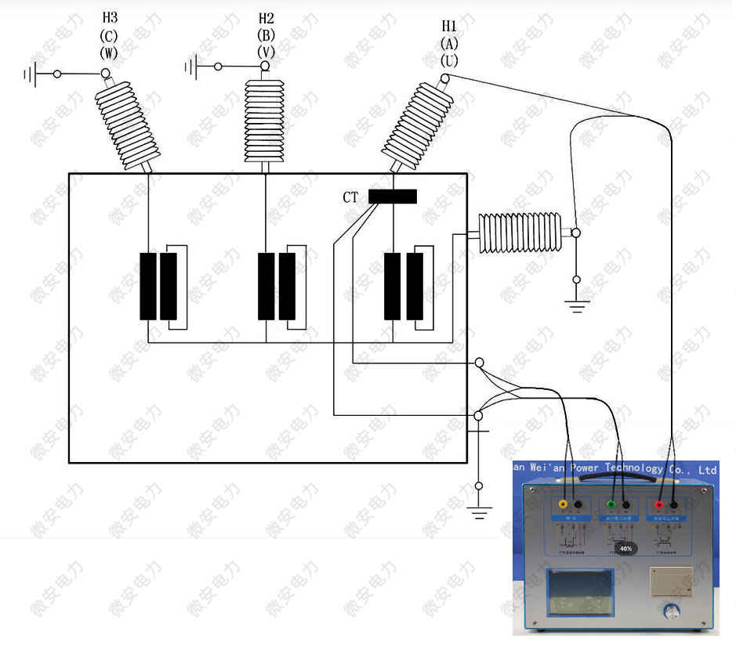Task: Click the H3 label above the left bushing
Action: point(111,17)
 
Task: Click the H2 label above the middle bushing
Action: point(266,17)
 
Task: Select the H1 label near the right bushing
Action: point(450,27)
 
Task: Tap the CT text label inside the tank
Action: point(350,197)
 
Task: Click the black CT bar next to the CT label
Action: point(392,197)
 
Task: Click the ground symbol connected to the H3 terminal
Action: point(31,74)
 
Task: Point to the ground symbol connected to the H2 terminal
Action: point(190,67)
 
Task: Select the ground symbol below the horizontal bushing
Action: point(577,306)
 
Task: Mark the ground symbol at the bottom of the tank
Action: point(479,513)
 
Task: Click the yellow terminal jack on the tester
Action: point(563,506)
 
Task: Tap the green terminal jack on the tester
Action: point(611,506)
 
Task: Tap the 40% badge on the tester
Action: point(625,549)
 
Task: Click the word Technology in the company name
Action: point(629,468)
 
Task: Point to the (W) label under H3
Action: point(110,53)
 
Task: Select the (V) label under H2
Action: point(266,52)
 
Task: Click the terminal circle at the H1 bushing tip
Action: point(445,79)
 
